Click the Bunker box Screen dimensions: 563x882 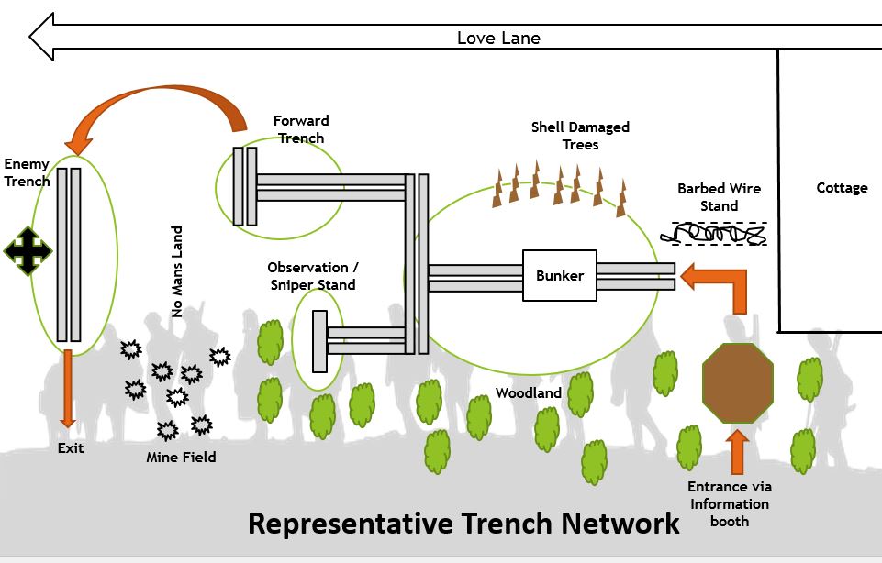[x=559, y=275]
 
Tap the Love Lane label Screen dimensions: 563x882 [x=498, y=38]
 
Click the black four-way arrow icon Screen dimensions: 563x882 [x=28, y=250]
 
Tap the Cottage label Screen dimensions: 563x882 [x=842, y=188]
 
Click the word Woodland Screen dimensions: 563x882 [x=528, y=392]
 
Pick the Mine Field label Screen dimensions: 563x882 [x=181, y=456]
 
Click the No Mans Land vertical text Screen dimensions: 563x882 [x=177, y=271]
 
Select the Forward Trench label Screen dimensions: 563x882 [x=300, y=129]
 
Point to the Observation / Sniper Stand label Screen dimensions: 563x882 [x=313, y=276]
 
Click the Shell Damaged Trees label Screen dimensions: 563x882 [x=580, y=136]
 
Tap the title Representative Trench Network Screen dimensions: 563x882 [x=463, y=524]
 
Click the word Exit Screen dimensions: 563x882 [x=70, y=448]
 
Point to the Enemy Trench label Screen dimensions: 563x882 [x=27, y=172]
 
